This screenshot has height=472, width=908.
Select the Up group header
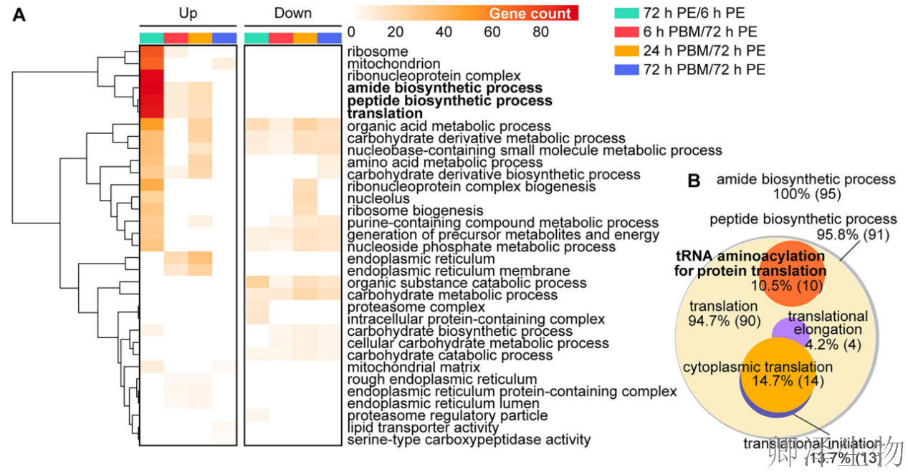(188, 13)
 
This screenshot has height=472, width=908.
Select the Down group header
(292, 13)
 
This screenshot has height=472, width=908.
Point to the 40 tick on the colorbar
(444, 32)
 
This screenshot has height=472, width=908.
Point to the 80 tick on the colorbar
(540, 32)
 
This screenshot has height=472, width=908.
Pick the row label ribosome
(377, 52)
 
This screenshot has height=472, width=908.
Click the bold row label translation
(385, 113)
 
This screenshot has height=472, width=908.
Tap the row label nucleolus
(378, 198)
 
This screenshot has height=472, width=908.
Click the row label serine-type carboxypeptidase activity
(469, 440)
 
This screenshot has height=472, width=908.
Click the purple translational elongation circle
(783, 330)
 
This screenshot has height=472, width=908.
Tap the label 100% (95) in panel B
(806, 194)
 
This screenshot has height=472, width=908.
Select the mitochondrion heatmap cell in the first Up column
(151, 64)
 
